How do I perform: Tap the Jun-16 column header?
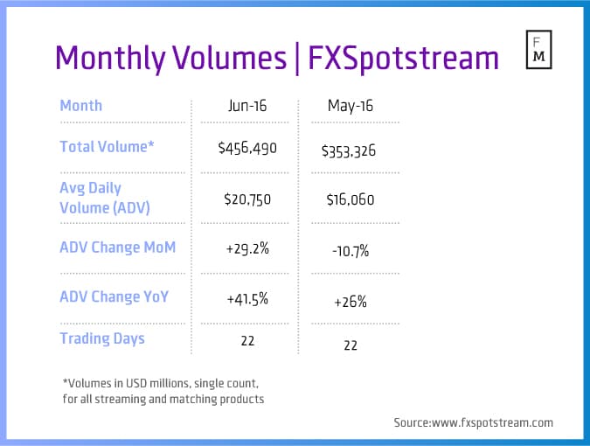(x=246, y=106)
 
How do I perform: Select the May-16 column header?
(x=351, y=106)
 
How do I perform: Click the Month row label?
(x=80, y=106)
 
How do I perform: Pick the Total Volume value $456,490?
(x=246, y=148)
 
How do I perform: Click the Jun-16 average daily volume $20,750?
(x=246, y=199)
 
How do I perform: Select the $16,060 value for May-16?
(x=351, y=199)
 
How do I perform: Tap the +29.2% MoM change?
(x=246, y=248)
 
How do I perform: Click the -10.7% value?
(x=351, y=251)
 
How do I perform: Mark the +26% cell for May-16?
(x=351, y=302)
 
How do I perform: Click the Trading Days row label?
(x=101, y=338)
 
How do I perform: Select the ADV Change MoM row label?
(x=117, y=247)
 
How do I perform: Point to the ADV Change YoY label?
(x=114, y=296)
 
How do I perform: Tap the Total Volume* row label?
(x=107, y=147)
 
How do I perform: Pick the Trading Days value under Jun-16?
(x=246, y=340)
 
